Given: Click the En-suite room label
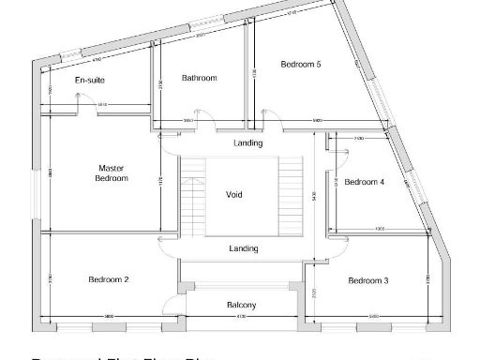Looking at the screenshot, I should [x=90, y=81].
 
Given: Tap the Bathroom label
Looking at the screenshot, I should [x=199, y=78].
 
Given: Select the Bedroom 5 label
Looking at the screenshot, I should [x=301, y=64].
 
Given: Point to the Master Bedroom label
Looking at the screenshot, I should [x=112, y=173].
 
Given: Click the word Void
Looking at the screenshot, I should [x=234, y=195].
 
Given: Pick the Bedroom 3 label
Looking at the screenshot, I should [x=367, y=280].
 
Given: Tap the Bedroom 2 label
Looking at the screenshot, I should [x=108, y=279].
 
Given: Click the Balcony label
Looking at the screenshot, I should [x=242, y=305].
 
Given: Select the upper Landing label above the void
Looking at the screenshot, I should [x=247, y=143].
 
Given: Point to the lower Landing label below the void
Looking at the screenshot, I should [x=244, y=248].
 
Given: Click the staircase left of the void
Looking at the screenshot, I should [x=192, y=197].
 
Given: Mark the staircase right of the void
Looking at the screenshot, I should [x=292, y=197].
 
